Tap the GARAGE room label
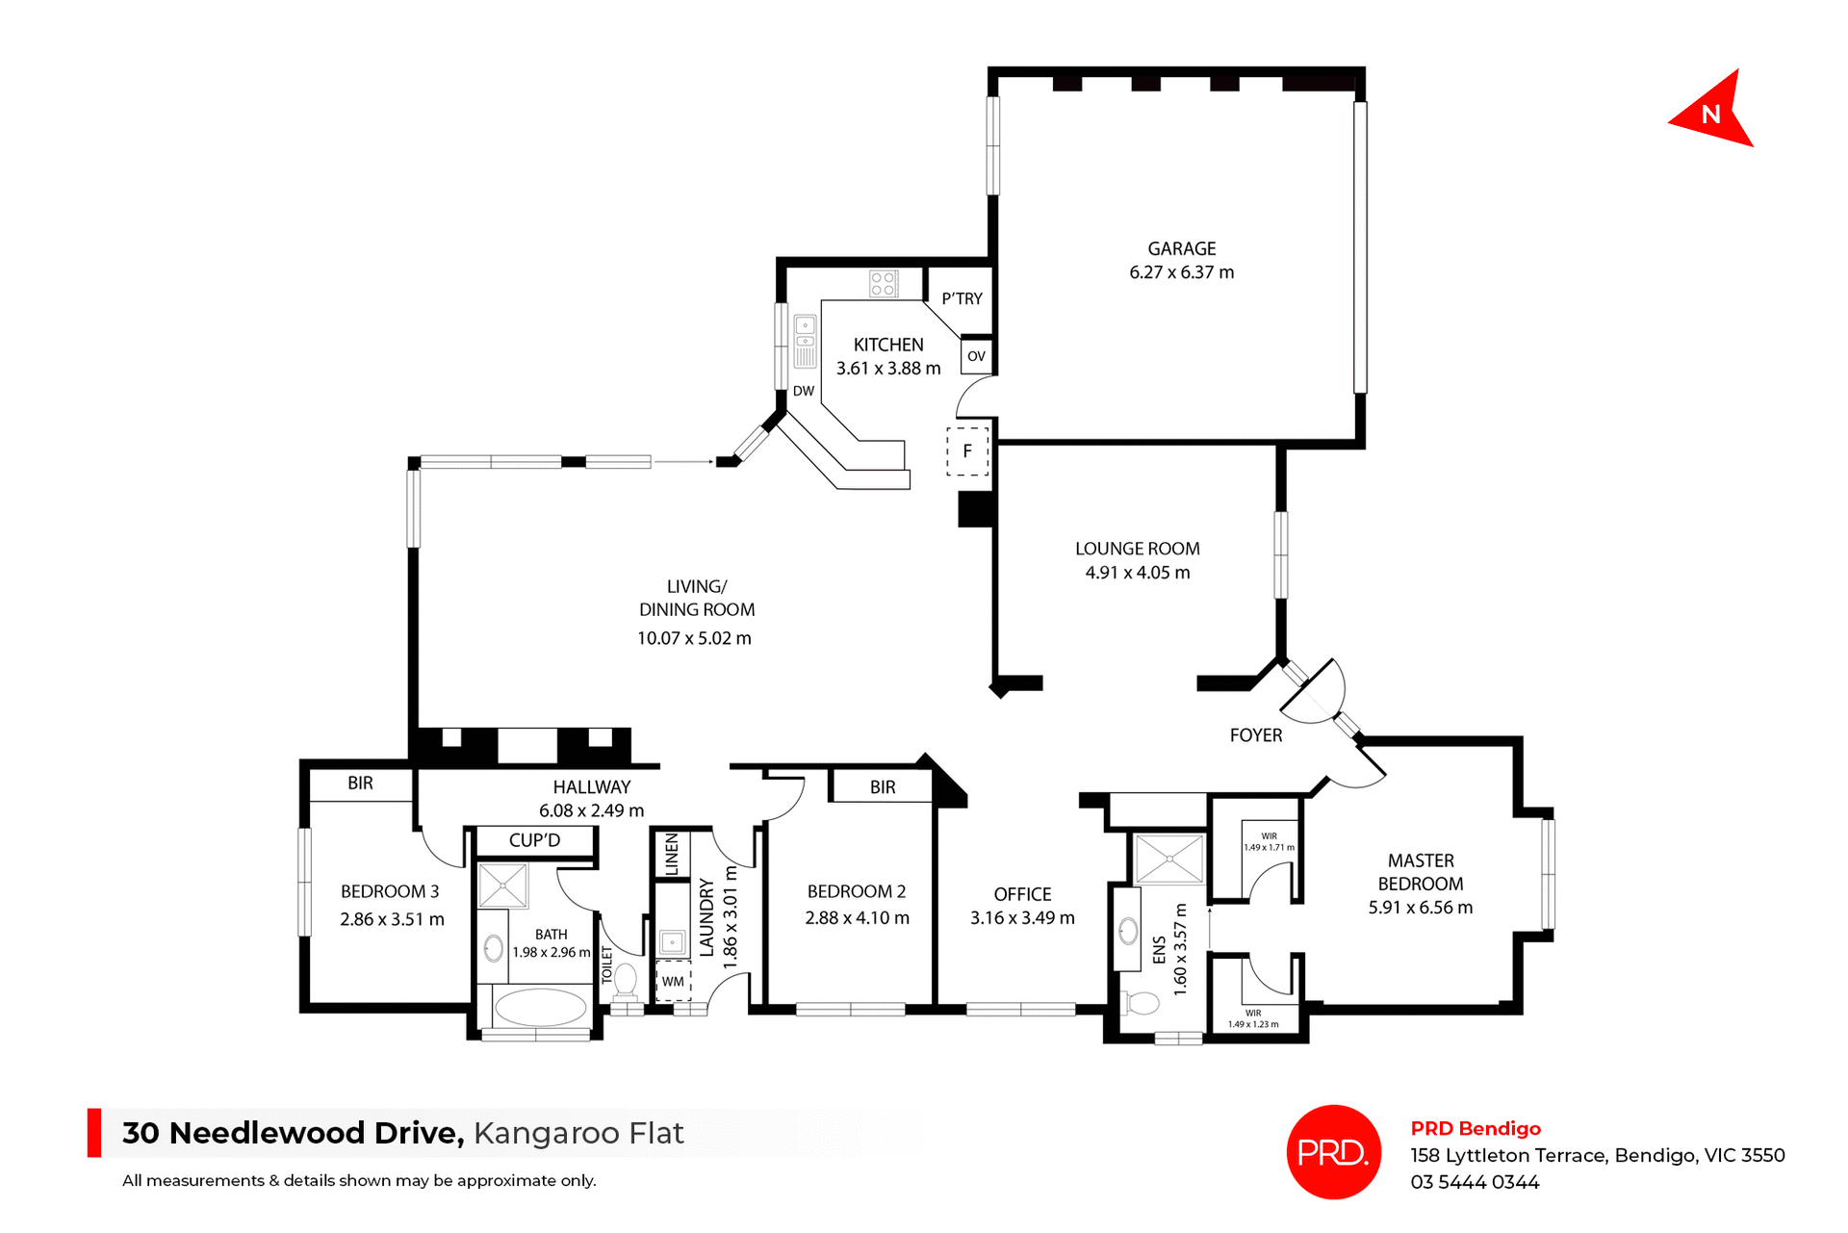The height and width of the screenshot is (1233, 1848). [x=1181, y=248]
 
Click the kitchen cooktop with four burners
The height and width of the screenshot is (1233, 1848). [x=883, y=283]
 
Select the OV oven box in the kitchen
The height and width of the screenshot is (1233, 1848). [x=976, y=356]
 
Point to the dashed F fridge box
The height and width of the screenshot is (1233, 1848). [x=967, y=450]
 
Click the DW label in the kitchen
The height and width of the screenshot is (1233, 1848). [x=804, y=391]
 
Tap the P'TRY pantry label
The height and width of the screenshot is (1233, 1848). [x=962, y=298]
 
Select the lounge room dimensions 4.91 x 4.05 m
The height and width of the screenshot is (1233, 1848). [x=1137, y=573]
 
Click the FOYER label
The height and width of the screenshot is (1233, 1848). [x=1255, y=735]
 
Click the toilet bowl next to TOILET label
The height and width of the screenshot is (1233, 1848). [x=626, y=980]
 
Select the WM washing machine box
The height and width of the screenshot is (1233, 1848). [x=673, y=982]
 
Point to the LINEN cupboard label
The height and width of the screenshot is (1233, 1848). [x=672, y=854]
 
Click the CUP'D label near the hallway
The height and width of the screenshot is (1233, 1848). [x=534, y=840]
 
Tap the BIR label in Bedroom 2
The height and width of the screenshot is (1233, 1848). [x=883, y=787]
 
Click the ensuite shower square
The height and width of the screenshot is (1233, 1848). [x=1168, y=859]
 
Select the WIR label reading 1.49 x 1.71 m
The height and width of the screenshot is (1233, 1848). [x=1269, y=842]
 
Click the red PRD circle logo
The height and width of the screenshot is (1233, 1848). [x=1333, y=1151]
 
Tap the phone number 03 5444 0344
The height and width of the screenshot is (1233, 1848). [x=1475, y=1182]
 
